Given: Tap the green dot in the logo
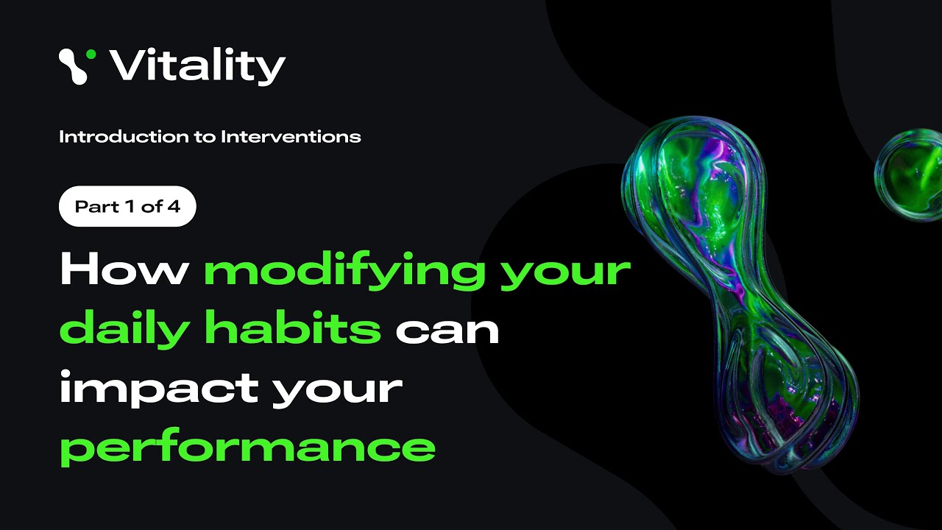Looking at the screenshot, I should tap(91, 54).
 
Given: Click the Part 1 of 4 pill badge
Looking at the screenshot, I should tap(127, 206).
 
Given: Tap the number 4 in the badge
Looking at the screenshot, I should tap(174, 206).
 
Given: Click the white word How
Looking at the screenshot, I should tap(124, 270).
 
